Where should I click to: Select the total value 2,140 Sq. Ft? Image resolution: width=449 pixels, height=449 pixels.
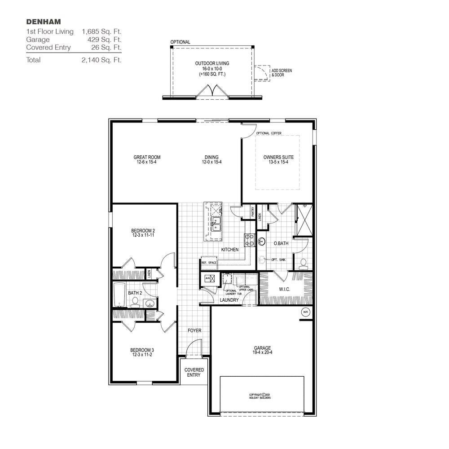101,60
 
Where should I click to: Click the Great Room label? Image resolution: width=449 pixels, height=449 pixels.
147,158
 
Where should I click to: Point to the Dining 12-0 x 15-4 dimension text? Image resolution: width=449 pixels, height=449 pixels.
211,162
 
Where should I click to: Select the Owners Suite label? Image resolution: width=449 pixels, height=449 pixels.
278,158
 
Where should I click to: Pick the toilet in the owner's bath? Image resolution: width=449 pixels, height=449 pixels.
303,262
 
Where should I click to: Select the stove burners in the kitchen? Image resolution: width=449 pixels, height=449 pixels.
249,240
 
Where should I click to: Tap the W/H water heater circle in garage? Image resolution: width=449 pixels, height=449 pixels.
306,312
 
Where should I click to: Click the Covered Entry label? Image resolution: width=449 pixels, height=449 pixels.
194,372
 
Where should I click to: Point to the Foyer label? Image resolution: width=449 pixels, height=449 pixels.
194,330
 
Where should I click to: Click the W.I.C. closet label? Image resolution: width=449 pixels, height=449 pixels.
284,290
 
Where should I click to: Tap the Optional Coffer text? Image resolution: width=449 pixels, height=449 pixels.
269,133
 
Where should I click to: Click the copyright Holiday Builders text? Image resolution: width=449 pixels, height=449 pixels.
260,396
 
